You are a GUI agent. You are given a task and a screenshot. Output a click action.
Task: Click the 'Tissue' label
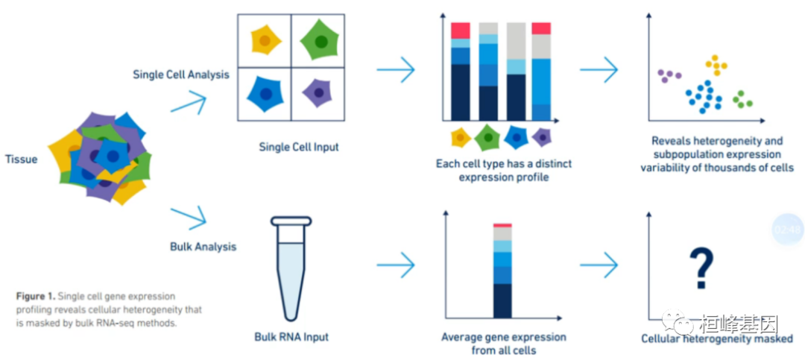pos(21,159)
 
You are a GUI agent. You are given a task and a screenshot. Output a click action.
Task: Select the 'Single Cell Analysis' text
pos(181,75)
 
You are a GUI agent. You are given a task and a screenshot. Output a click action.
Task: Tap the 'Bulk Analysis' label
pos(203,246)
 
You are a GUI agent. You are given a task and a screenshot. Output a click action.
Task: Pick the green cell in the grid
pos(318,41)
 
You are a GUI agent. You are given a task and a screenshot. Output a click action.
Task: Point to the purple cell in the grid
pos(318,93)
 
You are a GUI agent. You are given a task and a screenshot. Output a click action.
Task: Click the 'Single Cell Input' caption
pos(298,147)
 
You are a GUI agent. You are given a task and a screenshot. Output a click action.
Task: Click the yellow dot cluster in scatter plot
pos(716,66)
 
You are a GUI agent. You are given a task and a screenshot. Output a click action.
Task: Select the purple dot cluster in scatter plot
pos(669,75)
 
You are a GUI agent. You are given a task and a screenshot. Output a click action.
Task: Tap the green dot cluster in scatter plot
pos(742,100)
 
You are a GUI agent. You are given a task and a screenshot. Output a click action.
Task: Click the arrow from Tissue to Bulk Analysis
pos(188,217)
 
